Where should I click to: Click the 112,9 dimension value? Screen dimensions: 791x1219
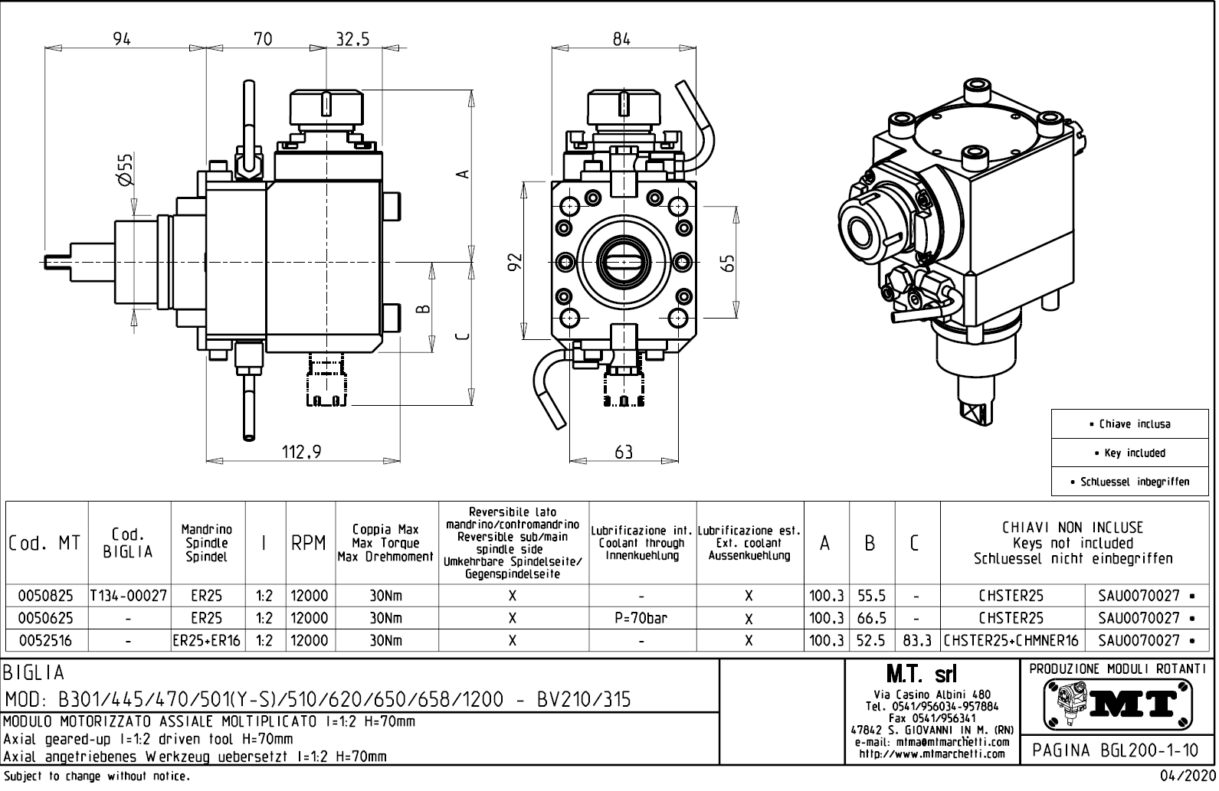[x=301, y=452]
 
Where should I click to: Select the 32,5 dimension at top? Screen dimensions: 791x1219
[x=352, y=39]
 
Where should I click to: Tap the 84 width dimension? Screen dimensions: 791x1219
[x=621, y=39]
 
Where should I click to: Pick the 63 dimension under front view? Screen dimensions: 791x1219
[x=624, y=452]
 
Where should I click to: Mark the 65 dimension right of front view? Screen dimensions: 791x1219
[x=729, y=263]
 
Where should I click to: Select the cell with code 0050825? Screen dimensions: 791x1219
[x=46, y=596]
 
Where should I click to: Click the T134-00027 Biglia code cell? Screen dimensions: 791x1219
[x=129, y=596]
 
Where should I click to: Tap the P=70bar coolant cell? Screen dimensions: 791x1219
[x=642, y=618]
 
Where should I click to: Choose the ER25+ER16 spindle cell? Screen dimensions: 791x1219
[x=207, y=640]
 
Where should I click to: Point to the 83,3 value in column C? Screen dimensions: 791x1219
[x=917, y=640]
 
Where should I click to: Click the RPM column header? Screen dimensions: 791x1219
[x=308, y=544]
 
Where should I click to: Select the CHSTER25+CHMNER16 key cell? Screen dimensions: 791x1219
[x=1012, y=640]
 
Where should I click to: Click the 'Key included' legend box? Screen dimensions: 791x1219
[x=1130, y=453]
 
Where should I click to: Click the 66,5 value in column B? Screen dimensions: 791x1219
[x=872, y=618]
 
